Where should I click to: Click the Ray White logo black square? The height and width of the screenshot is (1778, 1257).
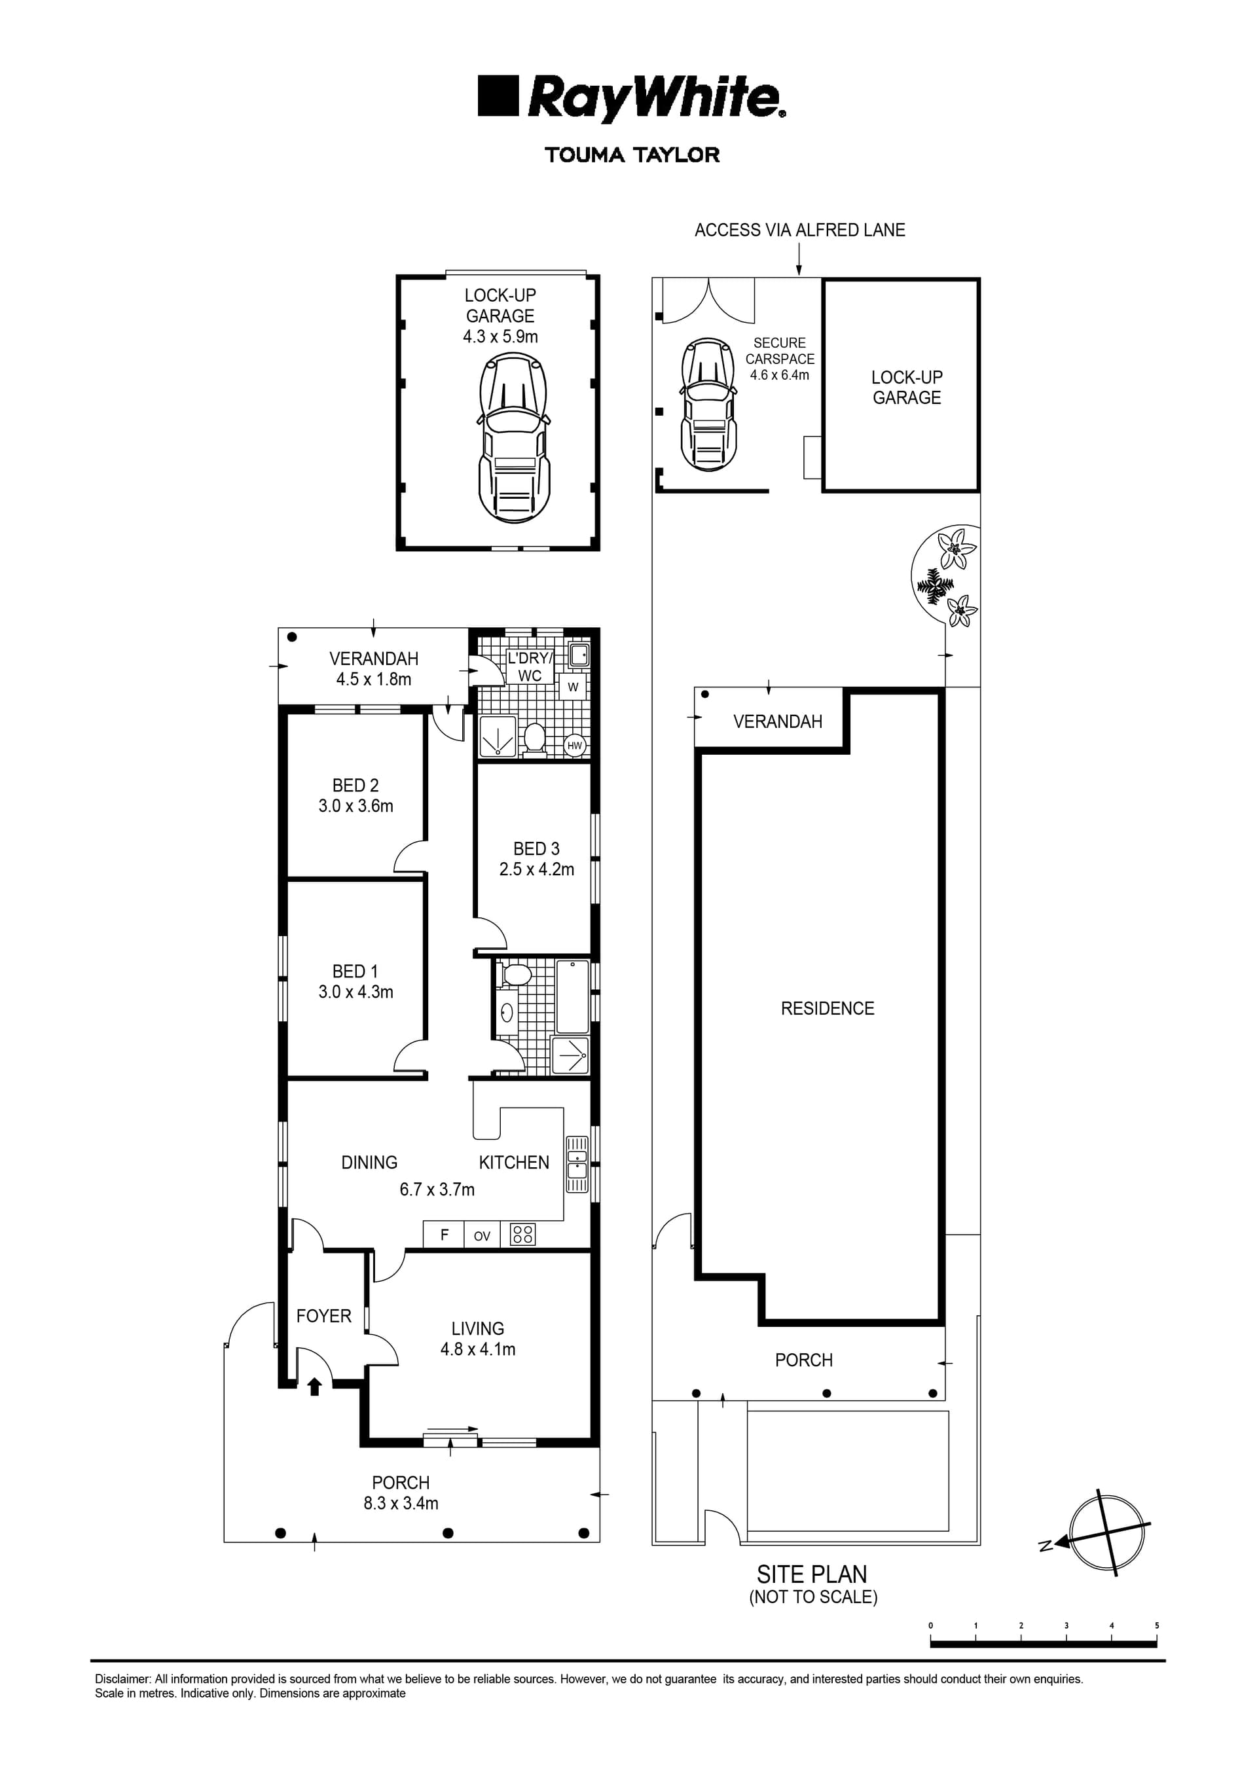(x=497, y=96)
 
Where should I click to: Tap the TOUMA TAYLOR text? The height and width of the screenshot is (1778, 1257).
(x=632, y=155)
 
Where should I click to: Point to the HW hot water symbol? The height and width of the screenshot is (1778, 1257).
(x=575, y=746)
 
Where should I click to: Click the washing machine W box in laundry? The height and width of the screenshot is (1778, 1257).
(x=573, y=687)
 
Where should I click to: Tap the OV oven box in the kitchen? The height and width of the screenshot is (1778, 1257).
(x=482, y=1236)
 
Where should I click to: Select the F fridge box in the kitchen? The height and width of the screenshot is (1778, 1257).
(x=444, y=1235)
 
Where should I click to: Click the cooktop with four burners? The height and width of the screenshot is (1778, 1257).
(x=523, y=1235)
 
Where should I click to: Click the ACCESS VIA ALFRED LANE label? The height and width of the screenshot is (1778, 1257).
(x=799, y=230)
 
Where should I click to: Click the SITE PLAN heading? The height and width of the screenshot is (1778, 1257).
(x=812, y=1574)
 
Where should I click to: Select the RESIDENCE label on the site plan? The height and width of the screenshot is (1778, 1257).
(x=827, y=1008)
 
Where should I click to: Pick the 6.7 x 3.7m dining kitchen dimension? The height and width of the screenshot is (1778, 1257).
(x=437, y=1189)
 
